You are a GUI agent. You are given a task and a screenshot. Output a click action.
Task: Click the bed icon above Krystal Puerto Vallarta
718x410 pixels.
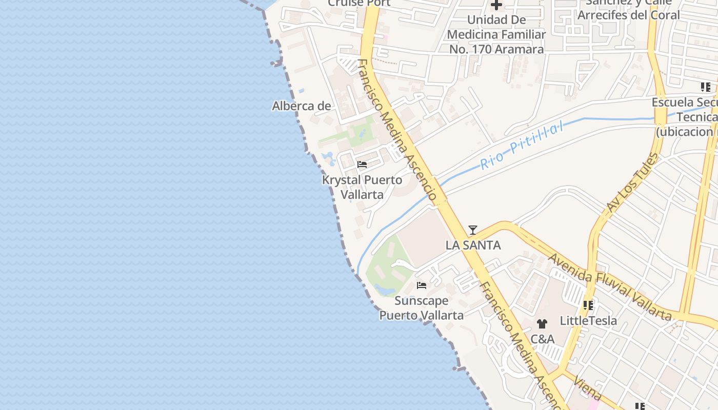coord(362,165)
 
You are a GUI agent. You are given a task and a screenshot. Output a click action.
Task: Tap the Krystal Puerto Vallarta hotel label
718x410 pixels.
coord(362,187)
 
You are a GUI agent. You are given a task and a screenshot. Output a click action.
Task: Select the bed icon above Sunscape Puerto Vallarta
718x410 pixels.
coord(422,285)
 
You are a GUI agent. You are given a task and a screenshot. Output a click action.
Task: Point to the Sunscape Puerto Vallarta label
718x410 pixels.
coord(422,307)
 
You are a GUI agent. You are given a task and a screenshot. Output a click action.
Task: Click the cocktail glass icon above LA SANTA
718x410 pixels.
coord(473,230)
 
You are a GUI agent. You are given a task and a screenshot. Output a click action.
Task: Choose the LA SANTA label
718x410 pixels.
coord(473,245)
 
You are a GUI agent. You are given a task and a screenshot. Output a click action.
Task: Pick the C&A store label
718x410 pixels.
coord(542,339)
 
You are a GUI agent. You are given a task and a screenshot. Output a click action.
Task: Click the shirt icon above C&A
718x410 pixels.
coord(542,324)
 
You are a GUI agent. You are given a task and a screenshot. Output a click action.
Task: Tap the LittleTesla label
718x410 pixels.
coord(588,321)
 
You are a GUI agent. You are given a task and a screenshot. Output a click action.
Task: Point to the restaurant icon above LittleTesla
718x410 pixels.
coord(588,306)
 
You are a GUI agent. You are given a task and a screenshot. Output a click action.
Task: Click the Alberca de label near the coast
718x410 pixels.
coord(302,106)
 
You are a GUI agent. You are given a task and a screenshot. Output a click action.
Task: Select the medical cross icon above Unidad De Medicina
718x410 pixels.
coord(496,6)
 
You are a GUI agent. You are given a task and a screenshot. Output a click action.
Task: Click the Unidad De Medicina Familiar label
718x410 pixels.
coord(496,34)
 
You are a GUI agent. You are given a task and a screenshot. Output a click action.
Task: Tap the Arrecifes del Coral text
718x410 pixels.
coord(628,14)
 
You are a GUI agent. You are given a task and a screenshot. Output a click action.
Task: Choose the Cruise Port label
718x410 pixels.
coord(359,3)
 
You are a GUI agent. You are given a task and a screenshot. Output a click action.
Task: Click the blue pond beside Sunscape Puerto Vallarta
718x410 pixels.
coord(384,290)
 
